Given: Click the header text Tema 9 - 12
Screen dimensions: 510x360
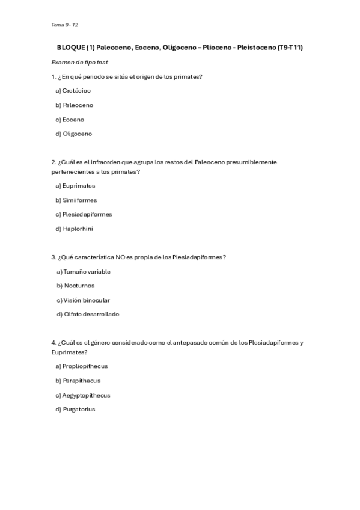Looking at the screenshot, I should pyautogui.click(x=65, y=25).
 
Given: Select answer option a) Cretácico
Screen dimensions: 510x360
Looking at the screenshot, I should pyautogui.click(x=73, y=91).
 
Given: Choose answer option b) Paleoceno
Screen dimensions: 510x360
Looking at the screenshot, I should pyautogui.click(x=74, y=105).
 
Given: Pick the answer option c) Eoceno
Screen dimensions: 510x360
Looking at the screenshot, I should pyautogui.click(x=70, y=120).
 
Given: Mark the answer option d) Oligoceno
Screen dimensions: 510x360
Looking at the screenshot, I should pyautogui.click(x=73, y=134).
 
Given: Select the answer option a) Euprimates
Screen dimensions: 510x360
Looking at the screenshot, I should pyautogui.click(x=75, y=186).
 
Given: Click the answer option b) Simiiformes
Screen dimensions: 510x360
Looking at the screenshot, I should pyautogui.click(x=76, y=200).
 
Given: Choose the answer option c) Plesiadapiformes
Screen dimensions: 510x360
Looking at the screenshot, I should pyautogui.click(x=84, y=214).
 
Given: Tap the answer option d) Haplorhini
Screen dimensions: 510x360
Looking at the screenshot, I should pyautogui.click(x=74, y=229).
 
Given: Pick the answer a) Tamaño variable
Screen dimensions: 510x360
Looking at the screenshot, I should pyautogui.click(x=84, y=272).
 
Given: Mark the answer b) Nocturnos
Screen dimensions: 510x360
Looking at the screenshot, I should pyautogui.click(x=76, y=286).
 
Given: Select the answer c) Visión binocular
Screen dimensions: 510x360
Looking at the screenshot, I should pyautogui.click(x=83, y=300).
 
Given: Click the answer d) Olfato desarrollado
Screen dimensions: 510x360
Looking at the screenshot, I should pyautogui.click(x=88, y=315).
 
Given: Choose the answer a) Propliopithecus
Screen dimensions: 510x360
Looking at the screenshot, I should pyautogui.click(x=81, y=366).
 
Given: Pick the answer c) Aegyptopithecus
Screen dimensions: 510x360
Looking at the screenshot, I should pyautogui.click(x=82, y=395).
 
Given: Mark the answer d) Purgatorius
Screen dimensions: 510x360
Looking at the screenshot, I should pyautogui.click(x=75, y=410).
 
